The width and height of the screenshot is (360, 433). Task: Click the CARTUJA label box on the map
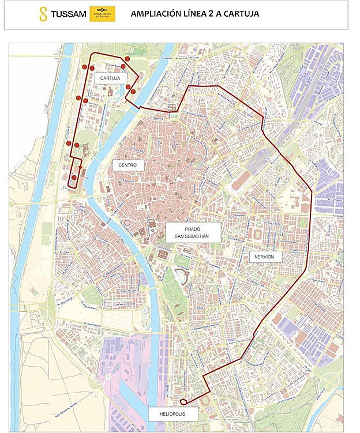point(110,77)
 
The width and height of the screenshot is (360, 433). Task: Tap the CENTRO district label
point(127,165)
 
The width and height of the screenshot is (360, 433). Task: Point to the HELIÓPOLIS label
point(173,414)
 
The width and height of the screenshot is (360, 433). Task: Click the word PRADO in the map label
point(185,228)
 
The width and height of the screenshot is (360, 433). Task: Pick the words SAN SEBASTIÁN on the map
point(185,236)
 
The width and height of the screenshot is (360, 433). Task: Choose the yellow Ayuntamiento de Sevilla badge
point(102,14)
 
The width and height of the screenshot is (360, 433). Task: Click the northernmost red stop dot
point(127,59)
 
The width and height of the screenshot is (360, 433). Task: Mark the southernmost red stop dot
point(74,178)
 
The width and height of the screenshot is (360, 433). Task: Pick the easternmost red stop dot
point(133,91)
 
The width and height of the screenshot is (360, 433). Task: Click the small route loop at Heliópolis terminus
point(183,402)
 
